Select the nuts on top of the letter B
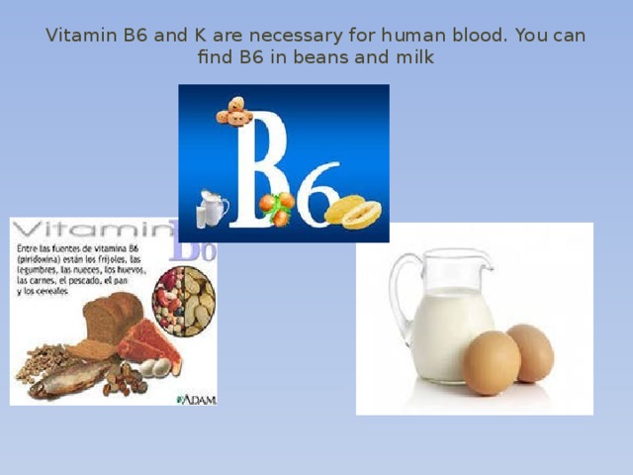click(x=234, y=112)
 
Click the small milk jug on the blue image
click(x=212, y=209)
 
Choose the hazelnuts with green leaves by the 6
click(x=277, y=206)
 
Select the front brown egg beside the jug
click(x=492, y=363)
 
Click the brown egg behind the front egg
click(x=532, y=351)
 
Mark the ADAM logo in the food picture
click(x=196, y=398)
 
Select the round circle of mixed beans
click(x=184, y=297)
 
